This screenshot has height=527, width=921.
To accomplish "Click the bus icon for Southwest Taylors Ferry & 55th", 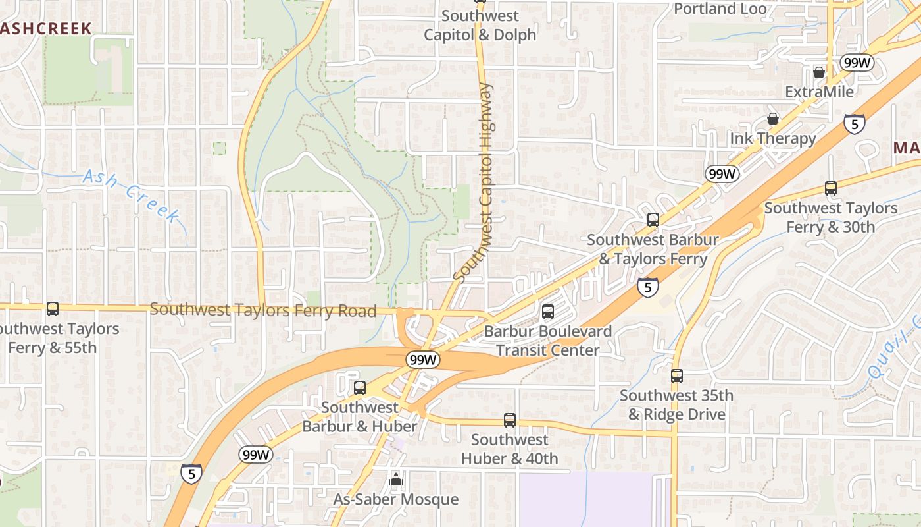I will (x=52, y=308).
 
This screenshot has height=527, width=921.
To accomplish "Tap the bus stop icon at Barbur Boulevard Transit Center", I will (x=548, y=312).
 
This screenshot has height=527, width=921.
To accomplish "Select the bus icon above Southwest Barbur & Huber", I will (x=359, y=388).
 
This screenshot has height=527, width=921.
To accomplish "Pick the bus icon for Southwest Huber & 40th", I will (x=509, y=420).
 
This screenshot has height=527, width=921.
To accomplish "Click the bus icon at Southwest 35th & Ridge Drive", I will (x=677, y=376).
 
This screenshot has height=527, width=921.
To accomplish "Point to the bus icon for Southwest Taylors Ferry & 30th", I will (x=831, y=188).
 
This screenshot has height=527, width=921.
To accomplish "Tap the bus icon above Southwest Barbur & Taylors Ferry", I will (x=653, y=220).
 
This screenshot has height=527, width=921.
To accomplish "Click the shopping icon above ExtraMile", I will (x=819, y=72).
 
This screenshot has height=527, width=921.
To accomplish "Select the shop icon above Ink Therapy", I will (x=773, y=119).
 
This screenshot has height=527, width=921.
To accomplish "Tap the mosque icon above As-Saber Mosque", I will (x=395, y=480).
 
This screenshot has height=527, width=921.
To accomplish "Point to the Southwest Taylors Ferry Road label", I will (x=263, y=310).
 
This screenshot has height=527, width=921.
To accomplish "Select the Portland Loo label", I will (x=720, y=9).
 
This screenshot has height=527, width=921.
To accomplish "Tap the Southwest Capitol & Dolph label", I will (x=480, y=25).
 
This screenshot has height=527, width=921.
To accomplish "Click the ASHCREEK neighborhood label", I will (x=45, y=28).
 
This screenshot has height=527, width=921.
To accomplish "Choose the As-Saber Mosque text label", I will (x=395, y=499).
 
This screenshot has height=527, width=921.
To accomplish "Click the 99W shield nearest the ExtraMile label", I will (x=857, y=63).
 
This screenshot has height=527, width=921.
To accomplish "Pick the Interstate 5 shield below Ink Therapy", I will (x=855, y=123).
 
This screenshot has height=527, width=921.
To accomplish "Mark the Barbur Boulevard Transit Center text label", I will (x=548, y=340).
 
